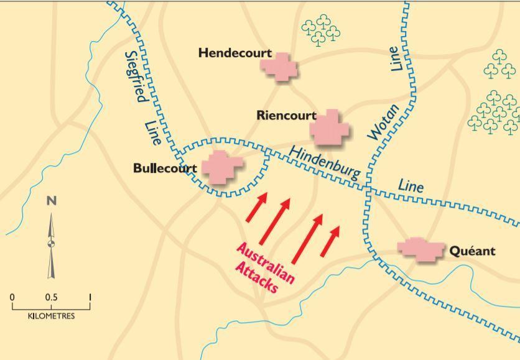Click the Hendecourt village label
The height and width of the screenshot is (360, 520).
(x=228, y=53)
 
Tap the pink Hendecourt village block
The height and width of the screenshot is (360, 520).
(x=279, y=66)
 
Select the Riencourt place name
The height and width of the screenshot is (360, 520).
(x=286, y=116)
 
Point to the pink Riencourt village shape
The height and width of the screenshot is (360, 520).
(x=330, y=128)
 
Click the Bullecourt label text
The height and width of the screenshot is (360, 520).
(x=165, y=168)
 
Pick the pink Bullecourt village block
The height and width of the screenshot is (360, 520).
(x=221, y=166)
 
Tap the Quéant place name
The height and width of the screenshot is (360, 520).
(x=472, y=251)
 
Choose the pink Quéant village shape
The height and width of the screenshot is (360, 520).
(x=421, y=248)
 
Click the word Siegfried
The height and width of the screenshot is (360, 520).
(x=135, y=76)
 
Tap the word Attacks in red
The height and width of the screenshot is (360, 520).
(x=256, y=277)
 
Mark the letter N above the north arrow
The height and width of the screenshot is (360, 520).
(x=52, y=200)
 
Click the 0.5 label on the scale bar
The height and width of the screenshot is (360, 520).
(x=51, y=297)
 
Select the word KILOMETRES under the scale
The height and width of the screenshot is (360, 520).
(x=51, y=316)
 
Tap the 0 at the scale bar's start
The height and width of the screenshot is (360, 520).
(x=12, y=297)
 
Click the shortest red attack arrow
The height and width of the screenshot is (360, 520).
(x=331, y=241)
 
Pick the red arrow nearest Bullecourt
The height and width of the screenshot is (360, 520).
(x=256, y=206)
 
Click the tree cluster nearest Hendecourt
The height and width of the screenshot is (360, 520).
(x=321, y=30)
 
